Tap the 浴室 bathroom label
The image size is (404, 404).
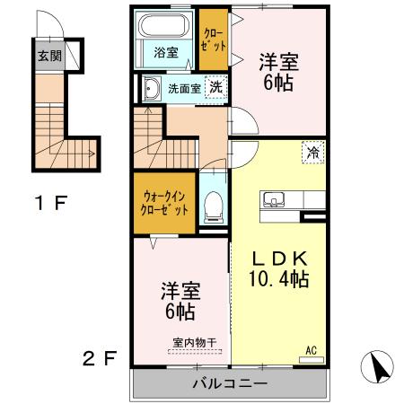coord(164,51)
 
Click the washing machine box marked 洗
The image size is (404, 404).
coord(216,87)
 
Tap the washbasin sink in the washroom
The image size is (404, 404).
coord(149,88)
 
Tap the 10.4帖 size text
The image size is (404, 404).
coord(279,278)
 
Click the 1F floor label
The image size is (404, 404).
coord(51,202)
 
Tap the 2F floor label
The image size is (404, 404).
coord(100,359)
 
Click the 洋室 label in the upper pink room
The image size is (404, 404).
coord(278,64)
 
